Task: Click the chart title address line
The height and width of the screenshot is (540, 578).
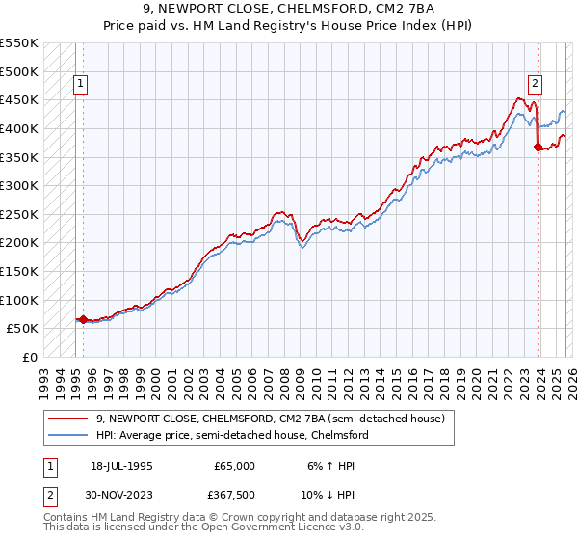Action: pos(289,11)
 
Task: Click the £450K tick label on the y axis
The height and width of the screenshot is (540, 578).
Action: pos(18,99)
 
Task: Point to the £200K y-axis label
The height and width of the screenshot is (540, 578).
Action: pos(18,242)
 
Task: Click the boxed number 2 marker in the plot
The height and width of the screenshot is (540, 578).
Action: pos(535,84)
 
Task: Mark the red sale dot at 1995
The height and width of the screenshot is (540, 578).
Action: pos(84,319)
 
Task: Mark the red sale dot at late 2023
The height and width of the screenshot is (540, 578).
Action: pos(538,147)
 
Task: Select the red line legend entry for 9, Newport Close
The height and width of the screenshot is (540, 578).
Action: pos(270,418)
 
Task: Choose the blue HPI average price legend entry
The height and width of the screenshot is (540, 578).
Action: pos(231,435)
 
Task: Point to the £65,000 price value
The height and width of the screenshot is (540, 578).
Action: pos(235,465)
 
